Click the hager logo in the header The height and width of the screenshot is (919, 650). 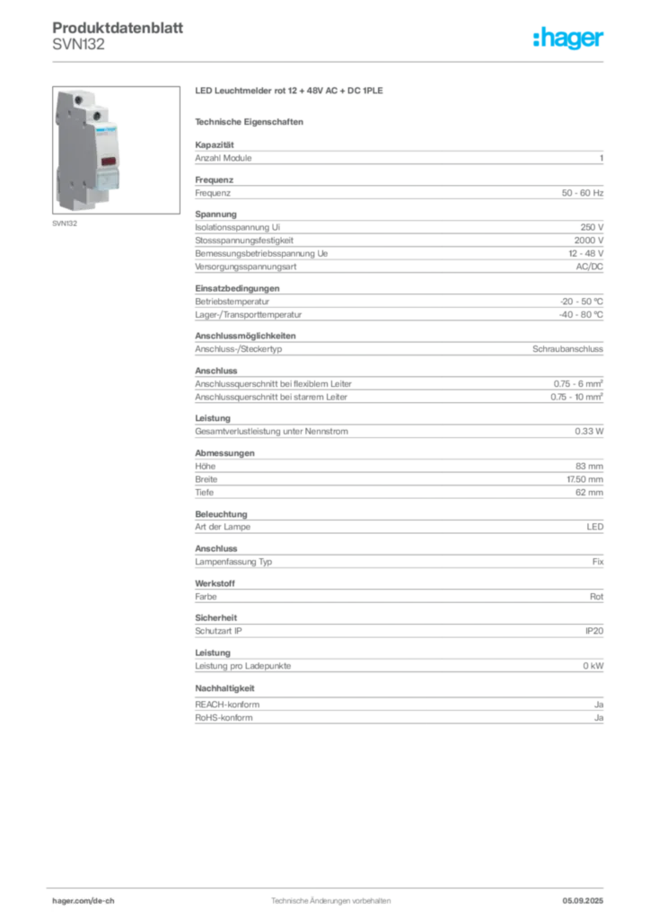[x=567, y=38]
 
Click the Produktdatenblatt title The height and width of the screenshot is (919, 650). [x=118, y=28]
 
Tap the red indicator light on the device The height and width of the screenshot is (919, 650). [x=108, y=162]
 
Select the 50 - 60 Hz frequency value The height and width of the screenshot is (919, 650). [x=582, y=193]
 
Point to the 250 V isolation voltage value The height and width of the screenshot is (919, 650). [x=592, y=227]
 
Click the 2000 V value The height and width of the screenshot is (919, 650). [x=588, y=241]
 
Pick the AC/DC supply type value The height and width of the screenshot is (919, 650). [x=589, y=267]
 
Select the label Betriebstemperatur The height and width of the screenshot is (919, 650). [x=233, y=302]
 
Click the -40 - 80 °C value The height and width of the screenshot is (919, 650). [x=580, y=315]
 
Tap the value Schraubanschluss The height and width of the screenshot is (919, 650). [x=567, y=349]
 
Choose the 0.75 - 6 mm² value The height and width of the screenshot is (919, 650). [x=578, y=384]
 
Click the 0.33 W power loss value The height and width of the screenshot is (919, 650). [x=588, y=432]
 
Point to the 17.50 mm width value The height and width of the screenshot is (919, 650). [x=584, y=479]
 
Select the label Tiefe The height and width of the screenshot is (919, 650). [x=204, y=493]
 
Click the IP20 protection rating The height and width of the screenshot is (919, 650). [x=593, y=631]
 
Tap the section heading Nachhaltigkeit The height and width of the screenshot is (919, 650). [x=224, y=688]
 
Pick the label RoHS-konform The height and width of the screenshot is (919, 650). [x=224, y=718]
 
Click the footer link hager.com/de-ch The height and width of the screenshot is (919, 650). [x=83, y=901]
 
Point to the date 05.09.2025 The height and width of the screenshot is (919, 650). [x=583, y=901]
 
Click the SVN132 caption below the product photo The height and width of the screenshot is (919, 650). [x=65, y=223]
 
